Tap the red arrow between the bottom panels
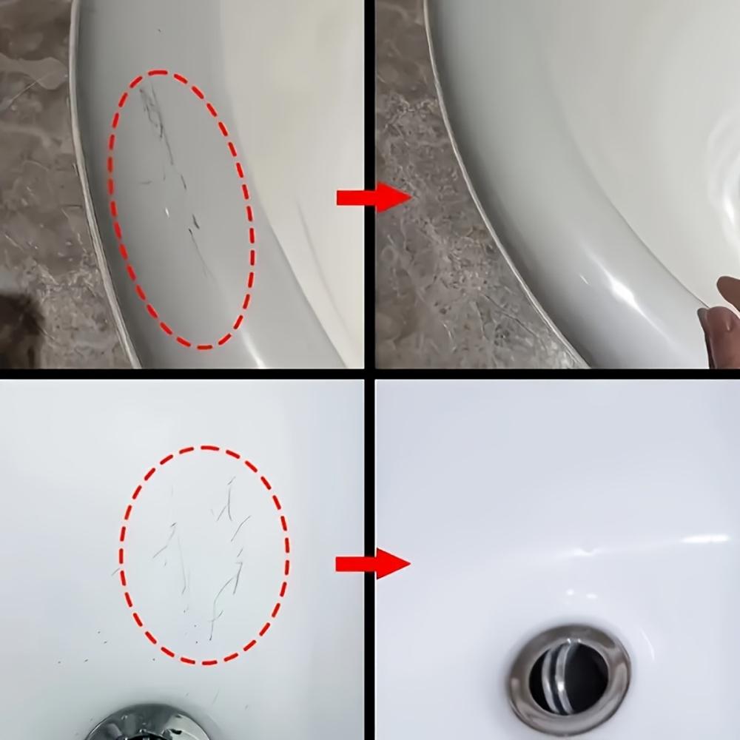click(x=372, y=564)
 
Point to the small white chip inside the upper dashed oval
click(x=167, y=211)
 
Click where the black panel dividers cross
click(x=369, y=374)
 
